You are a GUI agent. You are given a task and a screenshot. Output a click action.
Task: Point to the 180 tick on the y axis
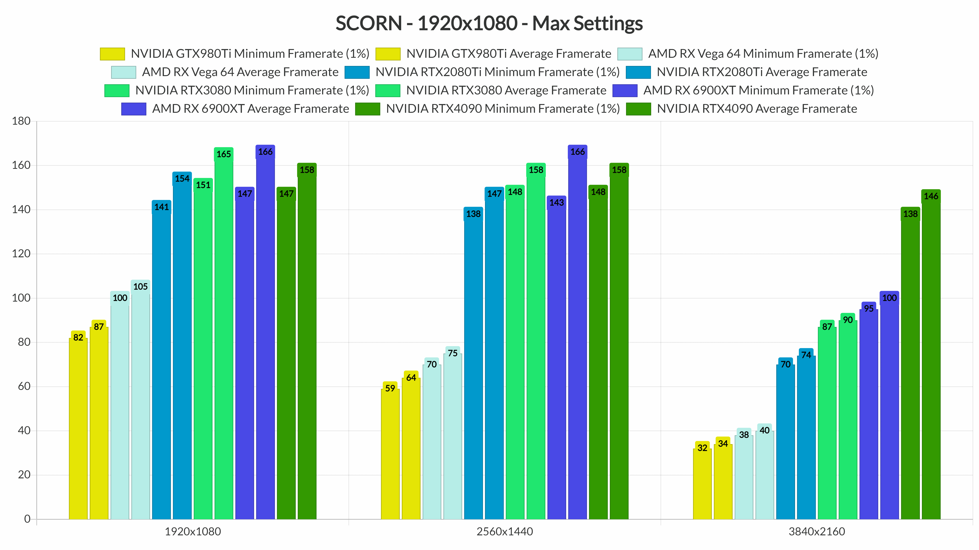(x=21, y=121)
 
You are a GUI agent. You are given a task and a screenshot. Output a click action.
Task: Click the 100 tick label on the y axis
(x=21, y=298)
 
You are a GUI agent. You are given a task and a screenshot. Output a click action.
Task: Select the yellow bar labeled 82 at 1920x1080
(x=78, y=429)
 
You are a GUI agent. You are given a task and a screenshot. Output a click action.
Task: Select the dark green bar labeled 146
(x=931, y=361)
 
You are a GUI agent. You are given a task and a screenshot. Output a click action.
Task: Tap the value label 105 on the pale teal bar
(x=140, y=287)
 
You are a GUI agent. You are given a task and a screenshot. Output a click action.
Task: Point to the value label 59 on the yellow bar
(x=390, y=388)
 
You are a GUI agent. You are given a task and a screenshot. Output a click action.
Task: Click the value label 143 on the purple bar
(x=556, y=203)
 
